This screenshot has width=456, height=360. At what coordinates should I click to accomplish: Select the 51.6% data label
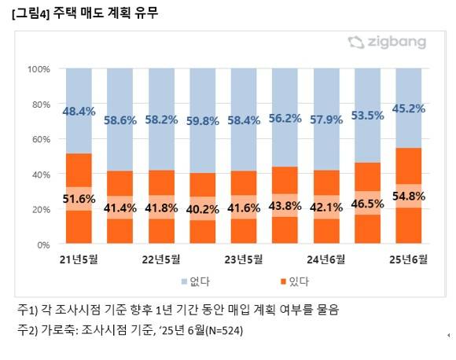click(79, 199)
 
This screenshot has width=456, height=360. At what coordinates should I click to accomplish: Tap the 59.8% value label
click(203, 121)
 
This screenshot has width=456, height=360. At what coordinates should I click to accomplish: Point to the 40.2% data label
click(203, 209)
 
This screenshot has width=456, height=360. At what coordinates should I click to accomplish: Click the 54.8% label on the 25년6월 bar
click(409, 196)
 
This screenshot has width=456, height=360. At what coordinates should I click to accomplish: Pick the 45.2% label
click(409, 109)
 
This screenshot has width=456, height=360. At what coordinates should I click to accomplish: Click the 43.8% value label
click(285, 205)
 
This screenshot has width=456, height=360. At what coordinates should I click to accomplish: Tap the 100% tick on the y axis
click(39, 69)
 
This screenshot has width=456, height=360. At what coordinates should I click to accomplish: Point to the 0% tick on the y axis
click(44, 245)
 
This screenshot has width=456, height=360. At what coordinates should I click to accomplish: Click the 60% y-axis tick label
click(42, 139)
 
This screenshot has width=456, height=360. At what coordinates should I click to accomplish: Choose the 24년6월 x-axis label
click(326, 259)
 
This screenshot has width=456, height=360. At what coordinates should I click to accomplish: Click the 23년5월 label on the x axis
click(244, 259)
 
